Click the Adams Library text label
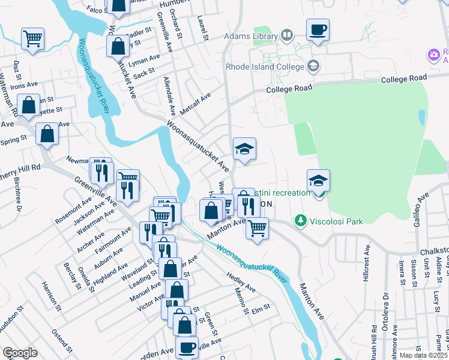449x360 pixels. click(250, 37)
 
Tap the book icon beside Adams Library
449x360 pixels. click(287, 36)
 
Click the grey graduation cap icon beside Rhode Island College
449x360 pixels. click(312, 65)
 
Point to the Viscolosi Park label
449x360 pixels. click(337, 221)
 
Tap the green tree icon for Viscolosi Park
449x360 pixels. click(301, 221)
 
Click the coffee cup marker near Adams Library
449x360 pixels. click(318, 29)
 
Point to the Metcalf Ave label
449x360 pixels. click(197, 103)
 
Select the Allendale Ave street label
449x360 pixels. click(169, 96)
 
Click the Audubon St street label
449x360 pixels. click(11, 317)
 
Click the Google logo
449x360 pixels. click(20, 353)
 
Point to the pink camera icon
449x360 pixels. click(433, 55)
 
